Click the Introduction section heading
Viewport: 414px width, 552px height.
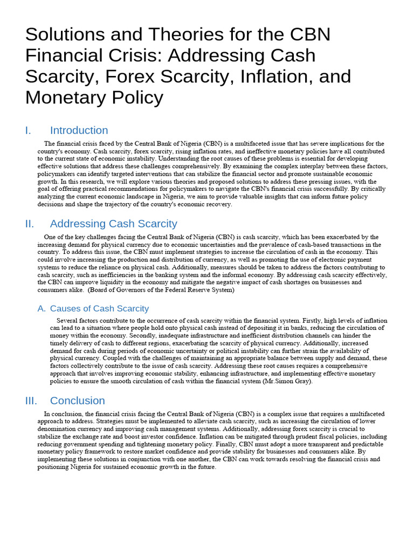79,130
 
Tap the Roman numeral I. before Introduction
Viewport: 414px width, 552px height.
29,130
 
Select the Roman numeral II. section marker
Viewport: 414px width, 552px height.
30,224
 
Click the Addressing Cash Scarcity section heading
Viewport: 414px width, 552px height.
113,224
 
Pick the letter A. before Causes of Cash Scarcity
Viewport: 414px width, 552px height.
42,309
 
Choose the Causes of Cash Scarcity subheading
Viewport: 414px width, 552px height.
99,309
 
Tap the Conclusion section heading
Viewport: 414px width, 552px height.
77,401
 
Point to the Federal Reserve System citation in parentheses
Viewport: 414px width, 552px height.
162,290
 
